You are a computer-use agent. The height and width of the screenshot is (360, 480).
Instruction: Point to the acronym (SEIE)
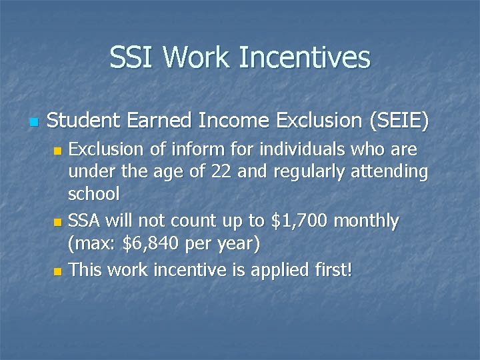[393, 121]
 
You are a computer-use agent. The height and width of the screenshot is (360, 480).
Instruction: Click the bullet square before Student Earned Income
[35, 123]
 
